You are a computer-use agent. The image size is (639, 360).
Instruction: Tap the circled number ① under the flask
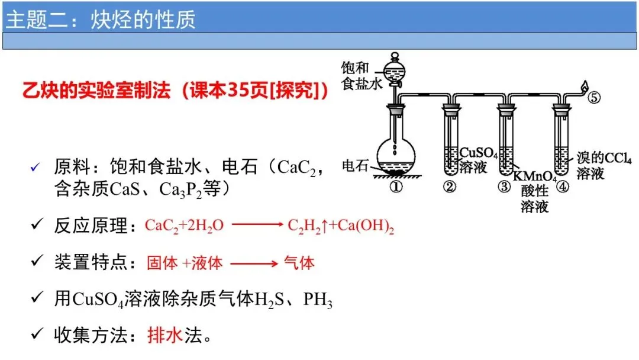396,187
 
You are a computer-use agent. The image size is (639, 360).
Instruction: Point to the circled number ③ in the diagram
504,187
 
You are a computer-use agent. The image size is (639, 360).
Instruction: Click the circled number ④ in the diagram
562,187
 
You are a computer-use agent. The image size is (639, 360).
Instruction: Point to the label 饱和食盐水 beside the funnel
358,75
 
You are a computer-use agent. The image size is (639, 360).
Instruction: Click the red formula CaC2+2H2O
184,226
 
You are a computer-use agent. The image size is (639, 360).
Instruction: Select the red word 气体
299,263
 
